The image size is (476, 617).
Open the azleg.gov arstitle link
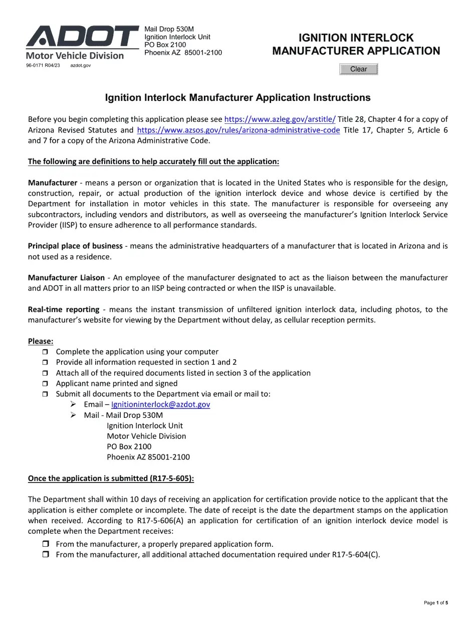(280, 119)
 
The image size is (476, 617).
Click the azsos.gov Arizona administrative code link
(238, 130)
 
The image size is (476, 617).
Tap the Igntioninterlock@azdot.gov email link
(160, 404)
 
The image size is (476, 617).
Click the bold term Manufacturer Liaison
(66, 277)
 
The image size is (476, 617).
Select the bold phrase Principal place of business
(75, 246)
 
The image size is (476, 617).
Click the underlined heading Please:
(41, 341)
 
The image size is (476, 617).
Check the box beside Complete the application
(46, 352)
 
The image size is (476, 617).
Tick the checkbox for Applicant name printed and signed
(46, 384)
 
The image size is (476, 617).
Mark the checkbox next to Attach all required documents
(46, 373)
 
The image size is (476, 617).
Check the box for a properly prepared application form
(46, 544)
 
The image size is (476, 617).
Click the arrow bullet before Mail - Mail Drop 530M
(73, 415)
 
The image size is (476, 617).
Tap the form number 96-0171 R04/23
(43, 66)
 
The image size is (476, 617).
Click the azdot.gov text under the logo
(80, 66)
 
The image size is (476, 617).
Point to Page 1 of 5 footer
(435, 602)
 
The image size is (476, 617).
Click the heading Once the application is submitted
(111, 479)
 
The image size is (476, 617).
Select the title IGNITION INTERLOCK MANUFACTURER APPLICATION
(356, 44)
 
